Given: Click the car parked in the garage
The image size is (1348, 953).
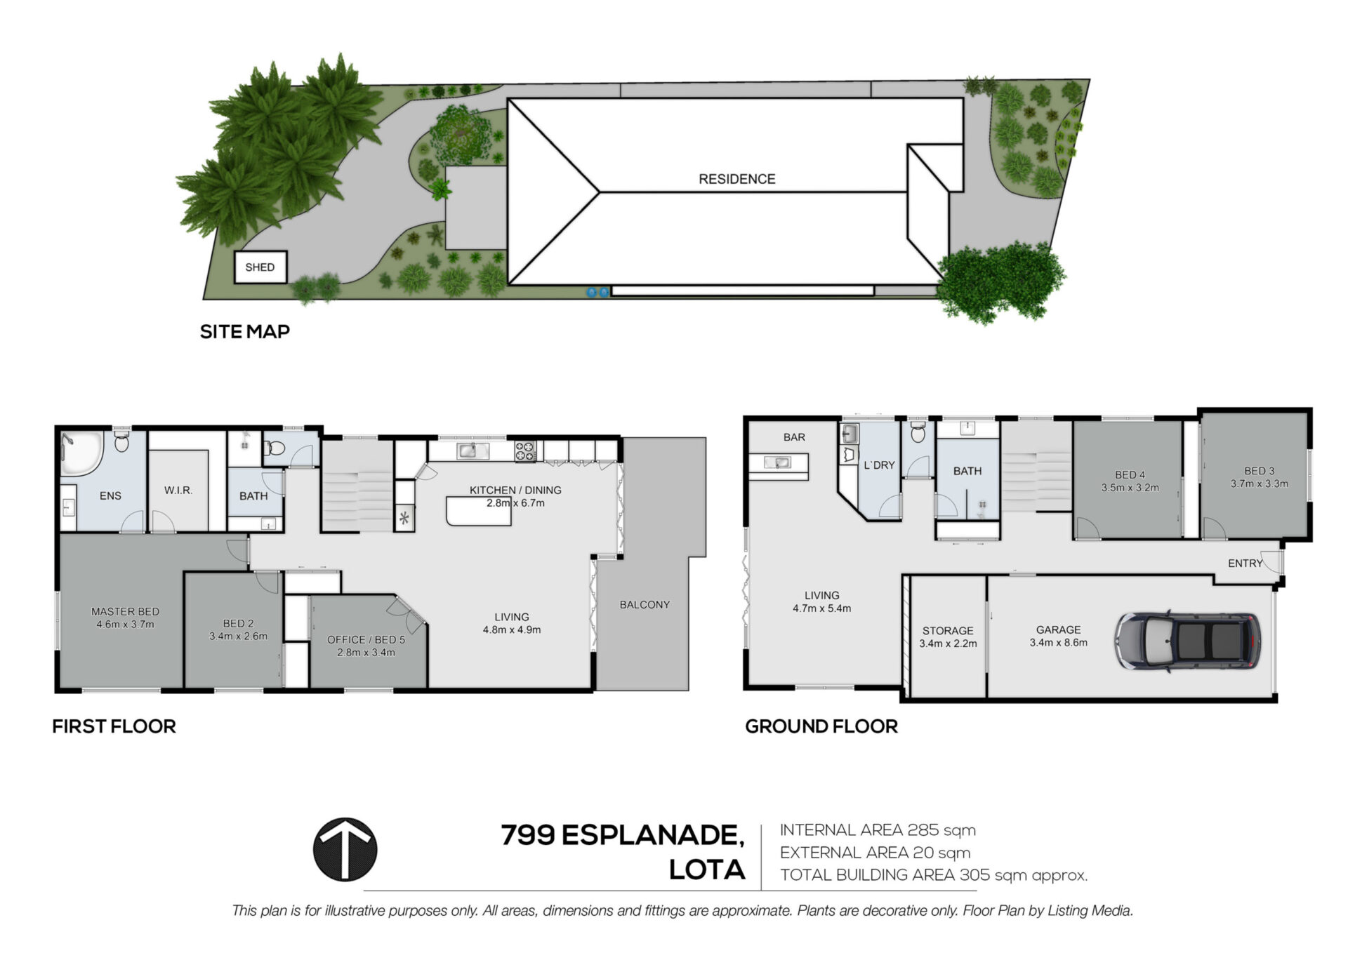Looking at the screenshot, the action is [1187, 640].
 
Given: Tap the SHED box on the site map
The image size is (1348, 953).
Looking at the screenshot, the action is [260, 267].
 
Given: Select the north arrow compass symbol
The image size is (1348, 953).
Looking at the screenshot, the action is [345, 849].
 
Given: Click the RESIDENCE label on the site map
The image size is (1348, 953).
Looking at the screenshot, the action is [736, 179].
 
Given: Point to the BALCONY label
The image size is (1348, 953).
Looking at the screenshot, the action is [645, 604].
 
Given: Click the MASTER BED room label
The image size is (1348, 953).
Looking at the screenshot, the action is [125, 611].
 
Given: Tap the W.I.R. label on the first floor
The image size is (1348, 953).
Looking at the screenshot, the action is [178, 490].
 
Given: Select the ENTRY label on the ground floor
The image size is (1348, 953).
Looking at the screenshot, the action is [1245, 563].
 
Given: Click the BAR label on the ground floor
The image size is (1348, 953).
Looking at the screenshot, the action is [794, 437].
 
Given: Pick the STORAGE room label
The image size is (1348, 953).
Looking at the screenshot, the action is [948, 630].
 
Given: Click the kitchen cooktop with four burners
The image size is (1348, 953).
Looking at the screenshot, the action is [525, 451].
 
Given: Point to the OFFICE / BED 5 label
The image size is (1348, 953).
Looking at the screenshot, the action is [366, 639].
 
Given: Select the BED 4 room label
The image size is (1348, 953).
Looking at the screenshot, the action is [1130, 474].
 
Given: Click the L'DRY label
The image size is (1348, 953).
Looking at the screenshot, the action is [879, 465].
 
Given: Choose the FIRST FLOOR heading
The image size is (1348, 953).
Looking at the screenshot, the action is [114, 726].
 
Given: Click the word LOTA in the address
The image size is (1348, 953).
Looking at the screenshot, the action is [706, 869].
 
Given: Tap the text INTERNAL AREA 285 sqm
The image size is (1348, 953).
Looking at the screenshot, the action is [878, 830].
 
